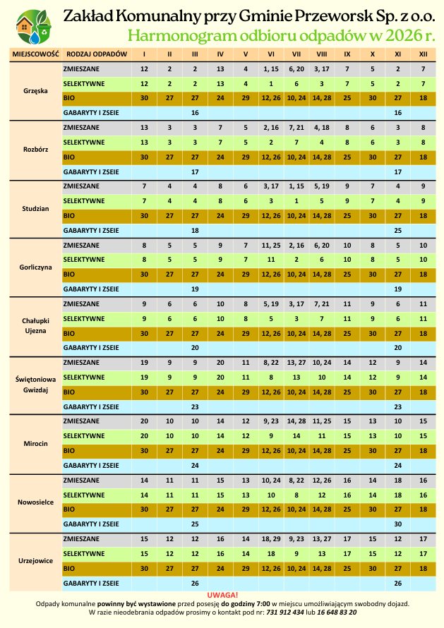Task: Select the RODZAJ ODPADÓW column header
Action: point(96,54)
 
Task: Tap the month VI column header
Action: point(271,54)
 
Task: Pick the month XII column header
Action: point(422,54)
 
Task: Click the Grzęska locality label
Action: point(35,92)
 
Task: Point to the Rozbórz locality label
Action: point(35,150)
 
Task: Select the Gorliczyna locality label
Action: point(35,267)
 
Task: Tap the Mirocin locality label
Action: point(35,443)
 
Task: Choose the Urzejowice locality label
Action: point(35,561)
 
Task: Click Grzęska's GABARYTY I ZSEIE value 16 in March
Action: point(195,113)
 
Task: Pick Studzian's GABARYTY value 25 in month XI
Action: point(398,231)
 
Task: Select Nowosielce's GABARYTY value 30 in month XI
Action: point(398,524)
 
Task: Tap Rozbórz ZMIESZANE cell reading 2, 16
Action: point(271,128)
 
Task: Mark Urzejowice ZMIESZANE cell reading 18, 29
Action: point(271,538)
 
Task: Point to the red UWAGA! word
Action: point(222,596)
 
